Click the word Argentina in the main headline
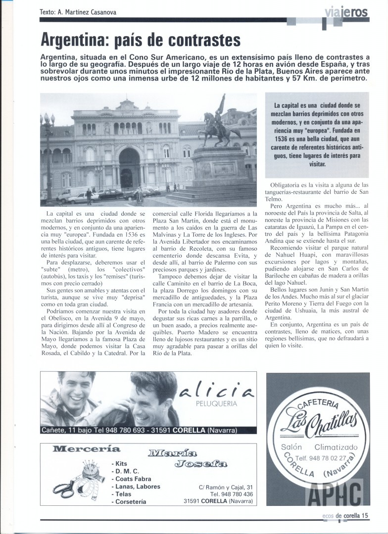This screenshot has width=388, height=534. tap(79, 39)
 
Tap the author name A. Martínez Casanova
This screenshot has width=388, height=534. tap(85, 12)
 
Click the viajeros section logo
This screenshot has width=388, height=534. tap(347, 12)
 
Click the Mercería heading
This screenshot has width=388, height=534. tap(86, 449)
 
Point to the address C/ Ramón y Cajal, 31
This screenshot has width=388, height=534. tap(226, 487)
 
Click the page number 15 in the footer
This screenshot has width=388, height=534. tap(365, 515)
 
